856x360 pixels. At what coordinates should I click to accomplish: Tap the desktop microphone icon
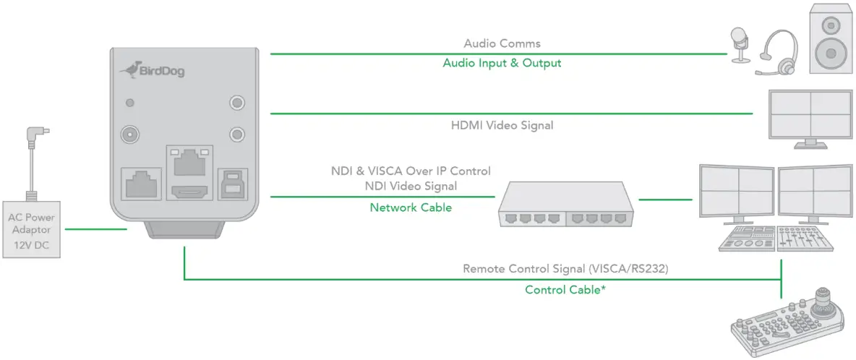738,43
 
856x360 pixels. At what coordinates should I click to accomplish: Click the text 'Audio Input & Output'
502,63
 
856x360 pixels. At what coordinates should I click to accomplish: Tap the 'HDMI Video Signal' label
502,125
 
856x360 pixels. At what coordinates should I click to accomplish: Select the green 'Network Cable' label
411,207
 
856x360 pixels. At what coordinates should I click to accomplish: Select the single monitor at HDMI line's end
810,115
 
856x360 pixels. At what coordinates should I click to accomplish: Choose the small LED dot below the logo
131,103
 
